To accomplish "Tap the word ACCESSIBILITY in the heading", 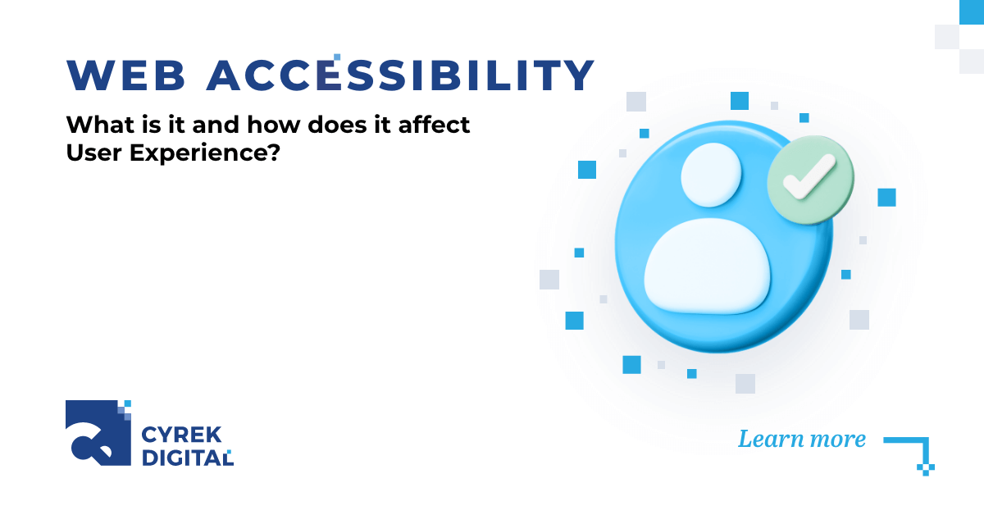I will tap(400, 75).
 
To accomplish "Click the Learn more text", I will tap(801, 439).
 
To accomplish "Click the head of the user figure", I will tap(711, 175).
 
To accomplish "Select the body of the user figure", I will tap(708, 266).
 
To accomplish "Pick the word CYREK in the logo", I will tap(175, 434).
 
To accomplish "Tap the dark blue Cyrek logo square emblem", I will tap(97, 432).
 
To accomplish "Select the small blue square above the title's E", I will tap(337, 57).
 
